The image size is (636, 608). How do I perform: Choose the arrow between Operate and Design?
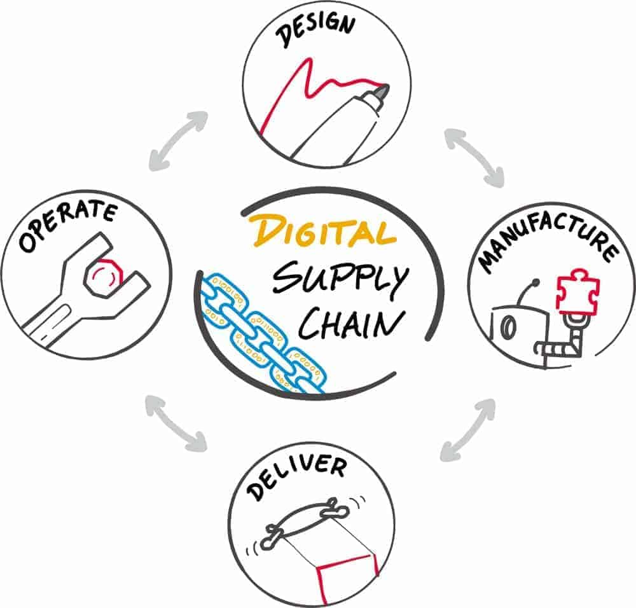pos(179,141)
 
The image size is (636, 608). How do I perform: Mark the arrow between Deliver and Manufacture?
pos(468,429)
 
